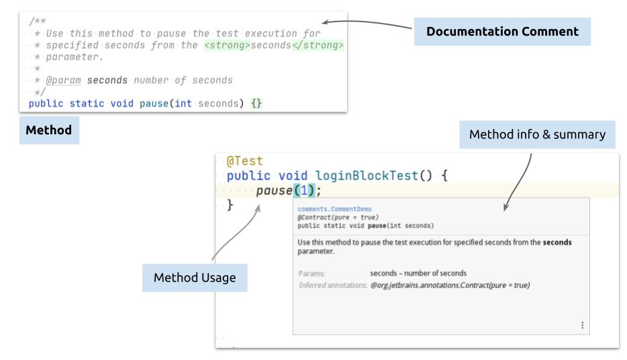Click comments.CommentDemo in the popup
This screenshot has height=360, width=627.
point(324,209)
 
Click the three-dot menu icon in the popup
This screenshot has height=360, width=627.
point(581,325)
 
